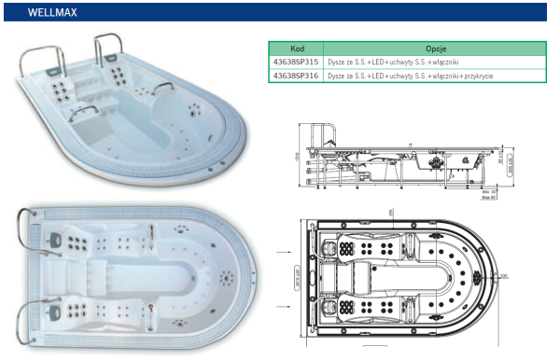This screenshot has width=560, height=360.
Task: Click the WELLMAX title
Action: [x=41, y=13]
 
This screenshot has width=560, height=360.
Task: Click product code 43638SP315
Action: [x=295, y=62]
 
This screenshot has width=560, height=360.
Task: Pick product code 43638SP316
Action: [x=295, y=75]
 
